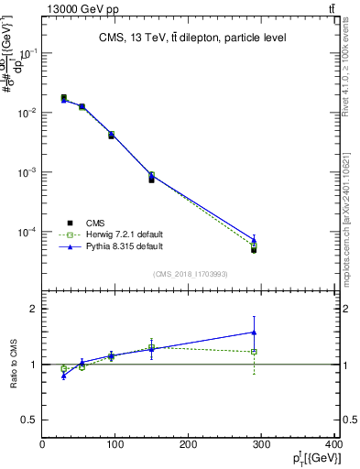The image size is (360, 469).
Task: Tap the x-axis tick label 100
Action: pyautogui.click(x=115, y=445)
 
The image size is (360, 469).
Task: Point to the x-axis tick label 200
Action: pyautogui.click(x=189, y=445)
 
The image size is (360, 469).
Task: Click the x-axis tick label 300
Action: pyautogui.click(x=263, y=445)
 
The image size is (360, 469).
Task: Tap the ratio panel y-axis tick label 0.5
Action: pyautogui.click(x=29, y=420)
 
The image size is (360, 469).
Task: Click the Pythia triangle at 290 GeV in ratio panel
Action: pyautogui.click(x=254, y=333)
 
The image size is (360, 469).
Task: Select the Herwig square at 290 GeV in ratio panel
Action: pyautogui.click(x=254, y=352)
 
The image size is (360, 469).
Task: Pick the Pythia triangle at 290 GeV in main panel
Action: pyautogui.click(x=254, y=241)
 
